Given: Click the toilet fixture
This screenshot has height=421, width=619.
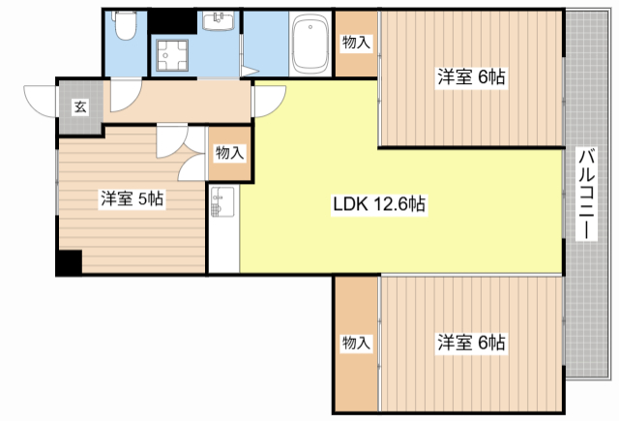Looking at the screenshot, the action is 125,25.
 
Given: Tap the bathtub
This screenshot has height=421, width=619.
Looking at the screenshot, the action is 310,44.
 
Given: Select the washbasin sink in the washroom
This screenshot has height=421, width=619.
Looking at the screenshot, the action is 218,20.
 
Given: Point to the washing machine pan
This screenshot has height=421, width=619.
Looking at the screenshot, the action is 172,55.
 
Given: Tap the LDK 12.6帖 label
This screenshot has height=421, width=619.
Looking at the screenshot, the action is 379,204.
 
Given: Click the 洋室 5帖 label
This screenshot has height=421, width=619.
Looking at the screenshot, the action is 132,198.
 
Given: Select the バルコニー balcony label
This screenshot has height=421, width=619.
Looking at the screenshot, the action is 586,194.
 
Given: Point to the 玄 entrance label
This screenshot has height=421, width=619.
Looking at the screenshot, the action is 80,106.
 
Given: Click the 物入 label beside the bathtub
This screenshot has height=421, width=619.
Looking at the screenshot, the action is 357,43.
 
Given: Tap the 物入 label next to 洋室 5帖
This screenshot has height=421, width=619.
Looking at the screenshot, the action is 230,153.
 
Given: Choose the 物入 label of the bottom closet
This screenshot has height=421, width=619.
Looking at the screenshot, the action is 357,343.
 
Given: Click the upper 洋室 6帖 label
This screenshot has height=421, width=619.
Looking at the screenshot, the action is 471,77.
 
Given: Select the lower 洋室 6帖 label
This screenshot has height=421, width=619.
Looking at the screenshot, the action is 471,343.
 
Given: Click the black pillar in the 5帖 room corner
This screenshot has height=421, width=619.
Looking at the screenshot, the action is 70,262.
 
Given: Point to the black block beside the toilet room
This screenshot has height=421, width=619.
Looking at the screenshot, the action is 172,21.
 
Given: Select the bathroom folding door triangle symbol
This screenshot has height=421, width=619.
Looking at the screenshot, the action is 248,72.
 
